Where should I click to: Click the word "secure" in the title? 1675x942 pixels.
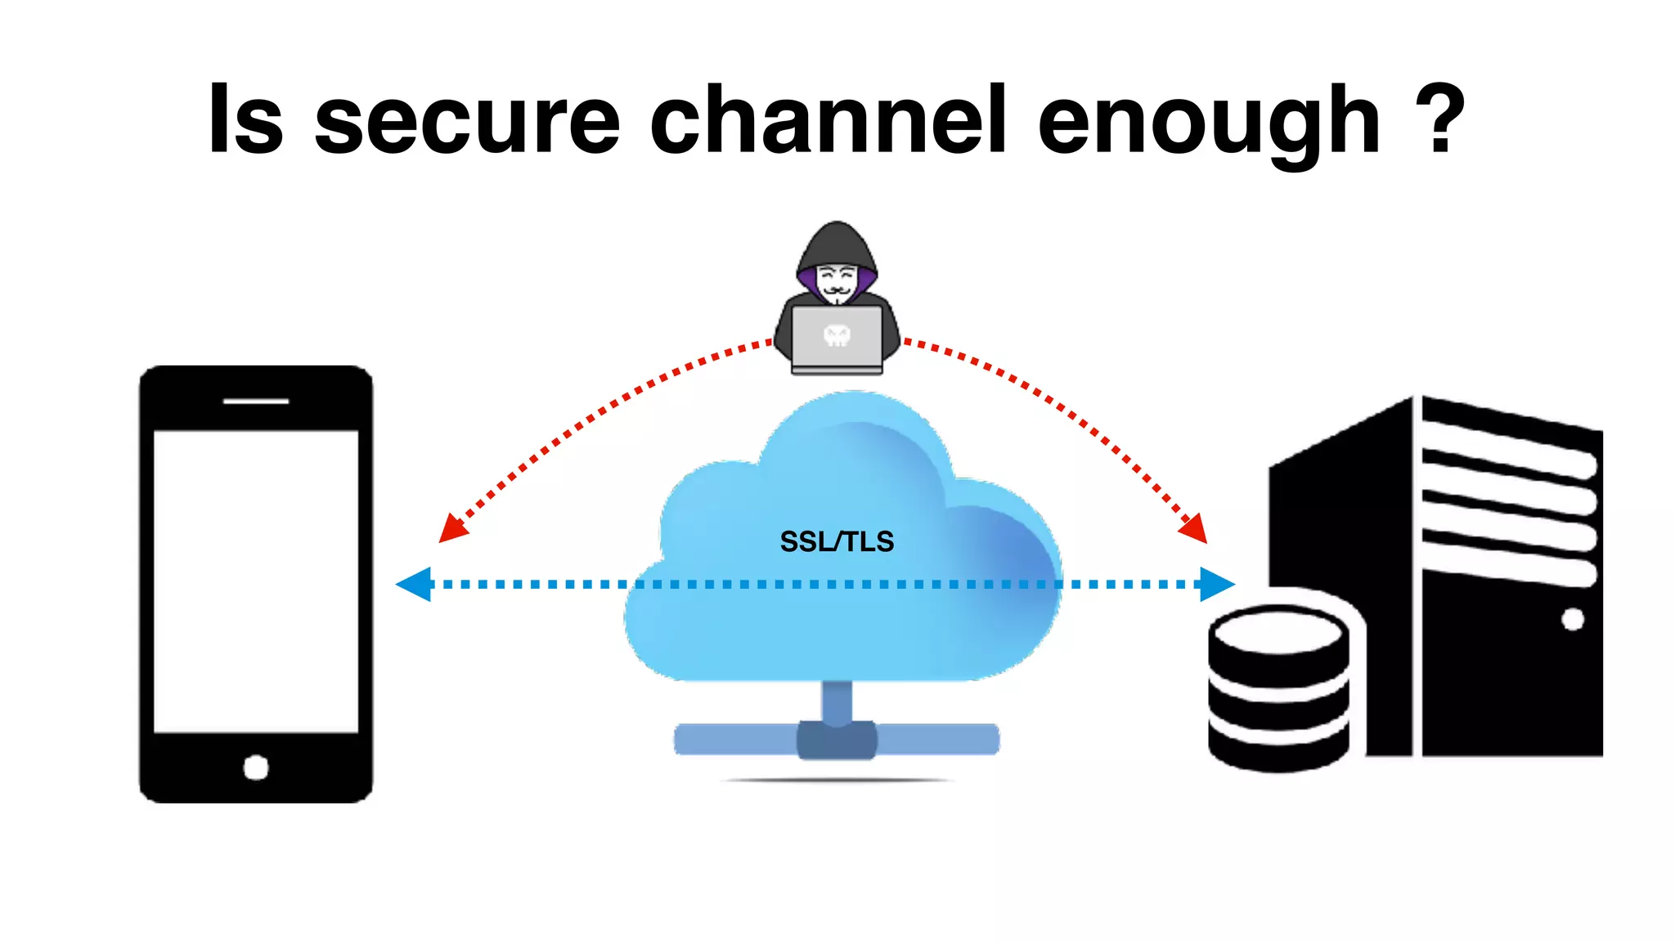point(467,123)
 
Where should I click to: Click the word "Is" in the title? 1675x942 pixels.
point(245,120)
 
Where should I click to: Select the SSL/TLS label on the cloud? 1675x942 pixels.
point(837,541)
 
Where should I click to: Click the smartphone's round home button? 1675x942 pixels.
point(256,768)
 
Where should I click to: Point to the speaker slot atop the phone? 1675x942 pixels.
point(256,401)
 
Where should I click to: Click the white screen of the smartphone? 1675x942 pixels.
point(256,581)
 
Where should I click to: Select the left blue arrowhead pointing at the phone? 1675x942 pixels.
point(415,584)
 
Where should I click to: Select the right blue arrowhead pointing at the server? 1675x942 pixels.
point(1216,584)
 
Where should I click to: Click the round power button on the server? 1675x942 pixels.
point(1572,619)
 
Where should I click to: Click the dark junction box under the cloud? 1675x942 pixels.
point(837,739)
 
